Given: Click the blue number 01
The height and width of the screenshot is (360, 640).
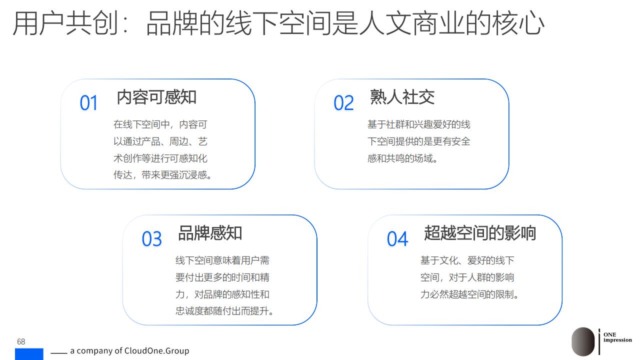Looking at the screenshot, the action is (x=88, y=103).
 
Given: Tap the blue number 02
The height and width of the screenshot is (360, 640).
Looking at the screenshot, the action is (x=343, y=103).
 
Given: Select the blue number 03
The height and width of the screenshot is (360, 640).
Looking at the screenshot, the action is (x=151, y=239).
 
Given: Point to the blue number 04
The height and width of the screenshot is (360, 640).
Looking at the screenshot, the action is (x=397, y=239).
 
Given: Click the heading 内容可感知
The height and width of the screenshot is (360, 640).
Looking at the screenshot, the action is (x=156, y=97).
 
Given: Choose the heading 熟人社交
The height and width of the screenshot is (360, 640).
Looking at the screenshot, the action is (x=402, y=97).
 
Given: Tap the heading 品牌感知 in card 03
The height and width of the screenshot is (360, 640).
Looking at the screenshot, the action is (x=210, y=233).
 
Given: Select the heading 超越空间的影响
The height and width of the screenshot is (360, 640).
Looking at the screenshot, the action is (x=480, y=233).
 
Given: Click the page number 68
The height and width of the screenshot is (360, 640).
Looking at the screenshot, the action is (x=21, y=341).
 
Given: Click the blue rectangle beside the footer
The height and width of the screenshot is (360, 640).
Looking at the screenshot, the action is (x=29, y=354).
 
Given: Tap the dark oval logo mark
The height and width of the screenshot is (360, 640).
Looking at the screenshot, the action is (x=583, y=341).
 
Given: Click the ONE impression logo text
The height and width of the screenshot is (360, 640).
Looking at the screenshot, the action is (x=617, y=337).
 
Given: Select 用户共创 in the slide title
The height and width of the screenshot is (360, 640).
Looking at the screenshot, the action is (x=65, y=23).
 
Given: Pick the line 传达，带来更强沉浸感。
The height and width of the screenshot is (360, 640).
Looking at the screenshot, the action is (x=162, y=175).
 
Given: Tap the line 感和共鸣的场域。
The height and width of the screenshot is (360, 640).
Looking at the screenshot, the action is (x=402, y=158).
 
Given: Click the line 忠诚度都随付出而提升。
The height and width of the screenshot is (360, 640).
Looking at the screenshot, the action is (x=224, y=311).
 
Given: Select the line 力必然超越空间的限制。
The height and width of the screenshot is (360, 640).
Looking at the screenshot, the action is (x=469, y=294).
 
